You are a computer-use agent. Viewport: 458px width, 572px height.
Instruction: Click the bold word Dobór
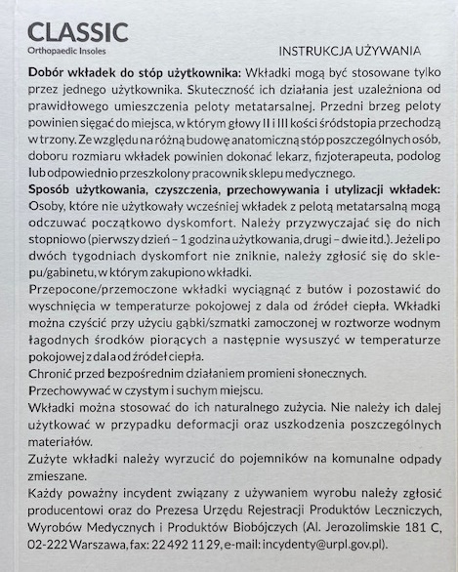(x=48, y=74)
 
